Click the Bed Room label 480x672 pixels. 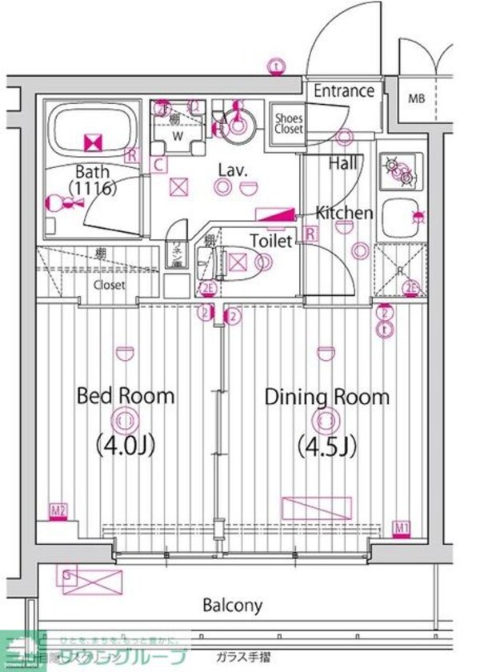pos(125,395)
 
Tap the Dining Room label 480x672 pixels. pos(326,396)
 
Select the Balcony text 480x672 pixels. pos(232,605)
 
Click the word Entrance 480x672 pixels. pos(343,91)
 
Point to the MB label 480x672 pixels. pos(416,99)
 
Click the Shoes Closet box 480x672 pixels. pos(288,123)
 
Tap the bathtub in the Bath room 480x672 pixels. pos(90,132)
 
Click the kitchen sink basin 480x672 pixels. pos(400,216)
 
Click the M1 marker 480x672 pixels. pos(402,527)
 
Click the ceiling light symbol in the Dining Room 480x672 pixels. pos(325,420)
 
